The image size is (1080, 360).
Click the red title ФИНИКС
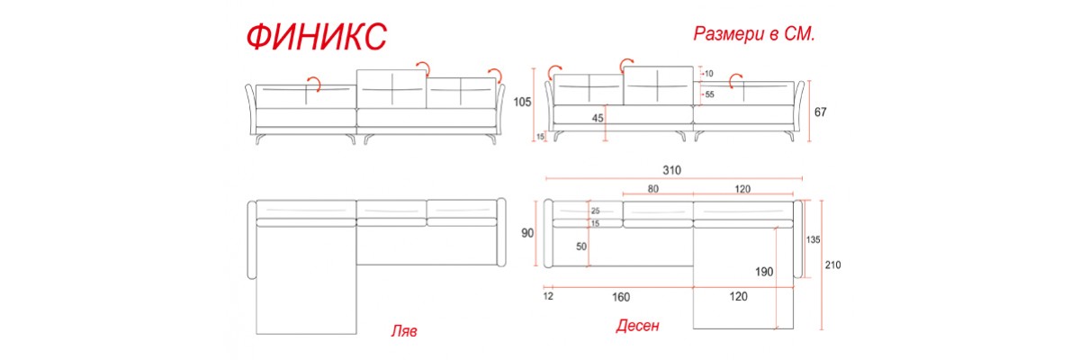(x=316, y=37)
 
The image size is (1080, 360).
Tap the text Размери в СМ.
(x=753, y=33)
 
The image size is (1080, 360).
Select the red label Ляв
(x=404, y=331)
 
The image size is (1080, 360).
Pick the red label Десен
(x=637, y=327)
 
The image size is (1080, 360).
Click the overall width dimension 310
(x=671, y=170)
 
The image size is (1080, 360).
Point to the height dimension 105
(x=522, y=103)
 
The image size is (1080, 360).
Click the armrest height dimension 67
(x=820, y=112)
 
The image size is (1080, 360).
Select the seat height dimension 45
(x=598, y=118)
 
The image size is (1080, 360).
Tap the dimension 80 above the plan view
(x=653, y=189)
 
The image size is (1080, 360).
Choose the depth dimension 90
(x=527, y=233)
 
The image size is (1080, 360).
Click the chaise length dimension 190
(x=764, y=272)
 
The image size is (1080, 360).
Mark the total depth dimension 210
(x=832, y=265)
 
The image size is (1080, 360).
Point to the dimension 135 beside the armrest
(x=813, y=239)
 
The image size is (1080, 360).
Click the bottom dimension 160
(x=621, y=297)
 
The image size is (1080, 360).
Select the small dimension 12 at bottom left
(x=548, y=296)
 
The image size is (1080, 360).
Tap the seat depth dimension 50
(x=581, y=247)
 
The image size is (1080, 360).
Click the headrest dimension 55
(x=709, y=94)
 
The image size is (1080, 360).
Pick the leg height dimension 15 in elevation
(x=540, y=137)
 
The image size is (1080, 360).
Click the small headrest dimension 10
(x=709, y=74)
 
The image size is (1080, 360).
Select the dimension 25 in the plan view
(x=596, y=211)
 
